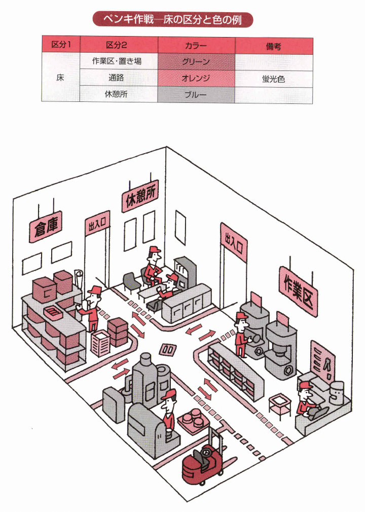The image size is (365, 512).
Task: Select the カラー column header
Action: (x=196, y=46)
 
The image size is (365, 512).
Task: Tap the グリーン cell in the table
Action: (x=196, y=62)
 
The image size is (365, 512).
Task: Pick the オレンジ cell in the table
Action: (x=196, y=79)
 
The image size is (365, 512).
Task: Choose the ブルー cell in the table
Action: (x=196, y=95)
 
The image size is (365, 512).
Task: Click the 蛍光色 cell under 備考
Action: (x=273, y=79)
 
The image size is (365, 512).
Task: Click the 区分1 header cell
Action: (x=61, y=46)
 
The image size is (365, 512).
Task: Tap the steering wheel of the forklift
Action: (x=204, y=450)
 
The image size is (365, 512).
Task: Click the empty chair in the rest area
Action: (x=131, y=282)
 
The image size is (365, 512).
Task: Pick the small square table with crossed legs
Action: (x=279, y=404)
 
